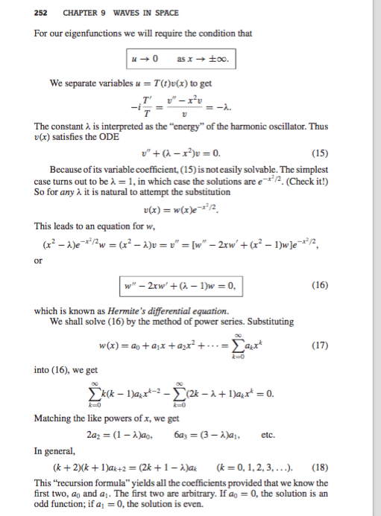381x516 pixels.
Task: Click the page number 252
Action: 19,12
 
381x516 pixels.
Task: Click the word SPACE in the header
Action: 134,12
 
